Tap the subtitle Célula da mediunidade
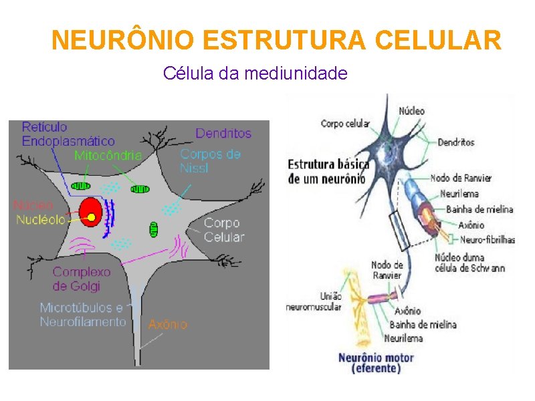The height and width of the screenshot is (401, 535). (x=255, y=73)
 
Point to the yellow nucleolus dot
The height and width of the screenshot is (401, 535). (x=92, y=217)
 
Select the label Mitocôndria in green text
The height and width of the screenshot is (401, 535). (x=108, y=155)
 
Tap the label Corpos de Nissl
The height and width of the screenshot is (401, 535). (x=210, y=160)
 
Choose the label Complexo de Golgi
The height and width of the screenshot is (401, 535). (x=81, y=279)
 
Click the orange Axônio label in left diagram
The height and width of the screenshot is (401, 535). (x=167, y=324)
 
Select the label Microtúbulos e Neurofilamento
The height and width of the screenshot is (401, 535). (x=82, y=315)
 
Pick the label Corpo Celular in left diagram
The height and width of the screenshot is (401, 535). (x=224, y=230)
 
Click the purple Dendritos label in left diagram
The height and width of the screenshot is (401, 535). (x=223, y=133)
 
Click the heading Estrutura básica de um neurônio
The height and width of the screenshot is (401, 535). (x=326, y=170)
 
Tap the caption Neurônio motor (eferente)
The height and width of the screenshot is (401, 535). (x=376, y=362)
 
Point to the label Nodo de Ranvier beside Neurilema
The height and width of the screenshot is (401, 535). (x=461, y=178)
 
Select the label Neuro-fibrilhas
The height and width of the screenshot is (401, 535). (x=488, y=239)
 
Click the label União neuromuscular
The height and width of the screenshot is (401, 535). (x=313, y=301)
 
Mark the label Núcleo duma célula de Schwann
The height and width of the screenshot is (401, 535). (x=469, y=263)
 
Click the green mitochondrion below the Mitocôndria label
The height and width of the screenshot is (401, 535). (x=81, y=186)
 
